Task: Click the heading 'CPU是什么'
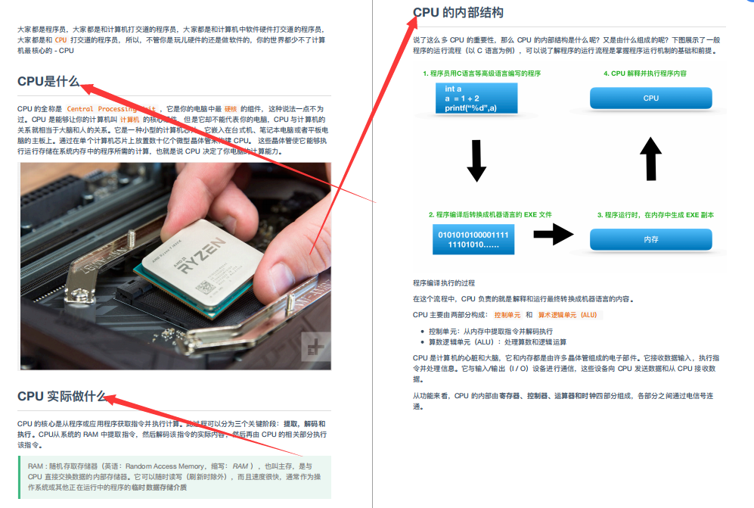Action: pyautogui.click(x=48, y=82)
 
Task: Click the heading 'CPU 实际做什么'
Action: pyautogui.click(x=61, y=396)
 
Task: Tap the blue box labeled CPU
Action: pyautogui.click(x=650, y=98)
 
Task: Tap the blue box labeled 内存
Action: pyautogui.click(x=650, y=239)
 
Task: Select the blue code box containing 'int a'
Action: pyautogui.click(x=476, y=98)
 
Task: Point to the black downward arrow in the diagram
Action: pyautogui.click(x=476, y=161)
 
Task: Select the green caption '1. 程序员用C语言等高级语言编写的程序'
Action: pyautogui.click(x=482, y=73)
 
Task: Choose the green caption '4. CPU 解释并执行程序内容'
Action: pyautogui.click(x=645, y=73)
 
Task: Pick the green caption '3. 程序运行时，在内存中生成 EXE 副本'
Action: pyautogui.click(x=655, y=215)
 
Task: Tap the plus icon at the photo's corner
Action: pyautogui.click(x=315, y=347)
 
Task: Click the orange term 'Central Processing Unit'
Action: pyautogui.click(x=111, y=109)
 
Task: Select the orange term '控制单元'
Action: pyautogui.click(x=507, y=314)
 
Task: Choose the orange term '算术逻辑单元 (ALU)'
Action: pyautogui.click(x=567, y=314)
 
